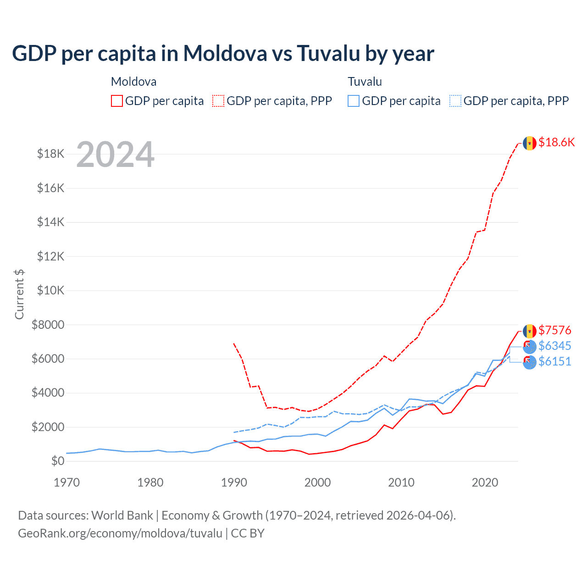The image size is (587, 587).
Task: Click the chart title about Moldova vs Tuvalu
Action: (x=223, y=54)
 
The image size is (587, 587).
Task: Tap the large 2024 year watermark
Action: (x=115, y=155)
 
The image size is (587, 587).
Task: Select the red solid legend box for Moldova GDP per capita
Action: (x=117, y=101)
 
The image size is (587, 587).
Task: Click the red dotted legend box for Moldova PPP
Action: (x=219, y=101)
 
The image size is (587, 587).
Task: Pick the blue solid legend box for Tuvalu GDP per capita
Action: (x=354, y=101)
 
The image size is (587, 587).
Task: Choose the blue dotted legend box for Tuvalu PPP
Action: (x=455, y=101)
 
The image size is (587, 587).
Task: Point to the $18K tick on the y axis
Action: (x=51, y=154)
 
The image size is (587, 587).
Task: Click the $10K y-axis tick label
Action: (x=51, y=290)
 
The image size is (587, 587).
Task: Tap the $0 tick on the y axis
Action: (x=57, y=461)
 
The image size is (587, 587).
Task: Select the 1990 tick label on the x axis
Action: (x=234, y=482)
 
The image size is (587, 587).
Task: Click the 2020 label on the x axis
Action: (x=485, y=482)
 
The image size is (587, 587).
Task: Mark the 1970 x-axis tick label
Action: (x=67, y=482)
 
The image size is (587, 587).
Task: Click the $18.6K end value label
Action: (x=556, y=142)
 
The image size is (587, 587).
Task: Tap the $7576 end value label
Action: (x=555, y=330)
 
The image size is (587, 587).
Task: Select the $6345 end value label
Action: (x=555, y=346)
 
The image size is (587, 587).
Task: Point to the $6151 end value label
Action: (x=555, y=361)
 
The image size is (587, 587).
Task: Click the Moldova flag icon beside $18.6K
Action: (x=530, y=143)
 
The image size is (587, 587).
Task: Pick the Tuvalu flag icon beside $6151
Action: (x=530, y=362)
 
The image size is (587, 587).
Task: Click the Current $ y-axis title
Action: (x=19, y=294)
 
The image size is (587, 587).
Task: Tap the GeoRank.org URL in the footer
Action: (x=120, y=533)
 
